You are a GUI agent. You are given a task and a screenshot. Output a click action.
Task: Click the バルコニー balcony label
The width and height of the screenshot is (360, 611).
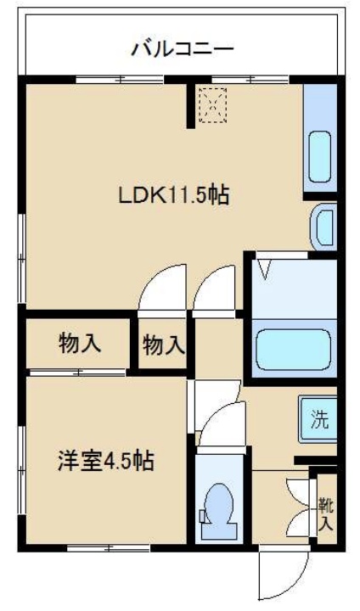coord(182,48)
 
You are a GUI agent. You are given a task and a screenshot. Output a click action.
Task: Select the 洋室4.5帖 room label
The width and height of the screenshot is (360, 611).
coord(105,462)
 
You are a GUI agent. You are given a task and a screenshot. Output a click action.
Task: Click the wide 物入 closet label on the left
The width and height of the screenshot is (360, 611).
coord(80,344)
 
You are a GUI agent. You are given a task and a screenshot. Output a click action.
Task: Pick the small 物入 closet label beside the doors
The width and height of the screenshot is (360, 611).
coord(163,345)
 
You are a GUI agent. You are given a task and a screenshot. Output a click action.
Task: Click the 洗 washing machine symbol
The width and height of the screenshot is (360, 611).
coord(318,418)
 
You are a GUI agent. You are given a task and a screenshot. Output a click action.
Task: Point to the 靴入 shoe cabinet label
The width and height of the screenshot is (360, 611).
coord(326,514)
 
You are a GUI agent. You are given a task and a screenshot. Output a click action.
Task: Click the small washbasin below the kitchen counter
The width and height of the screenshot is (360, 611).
coord(324,227)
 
